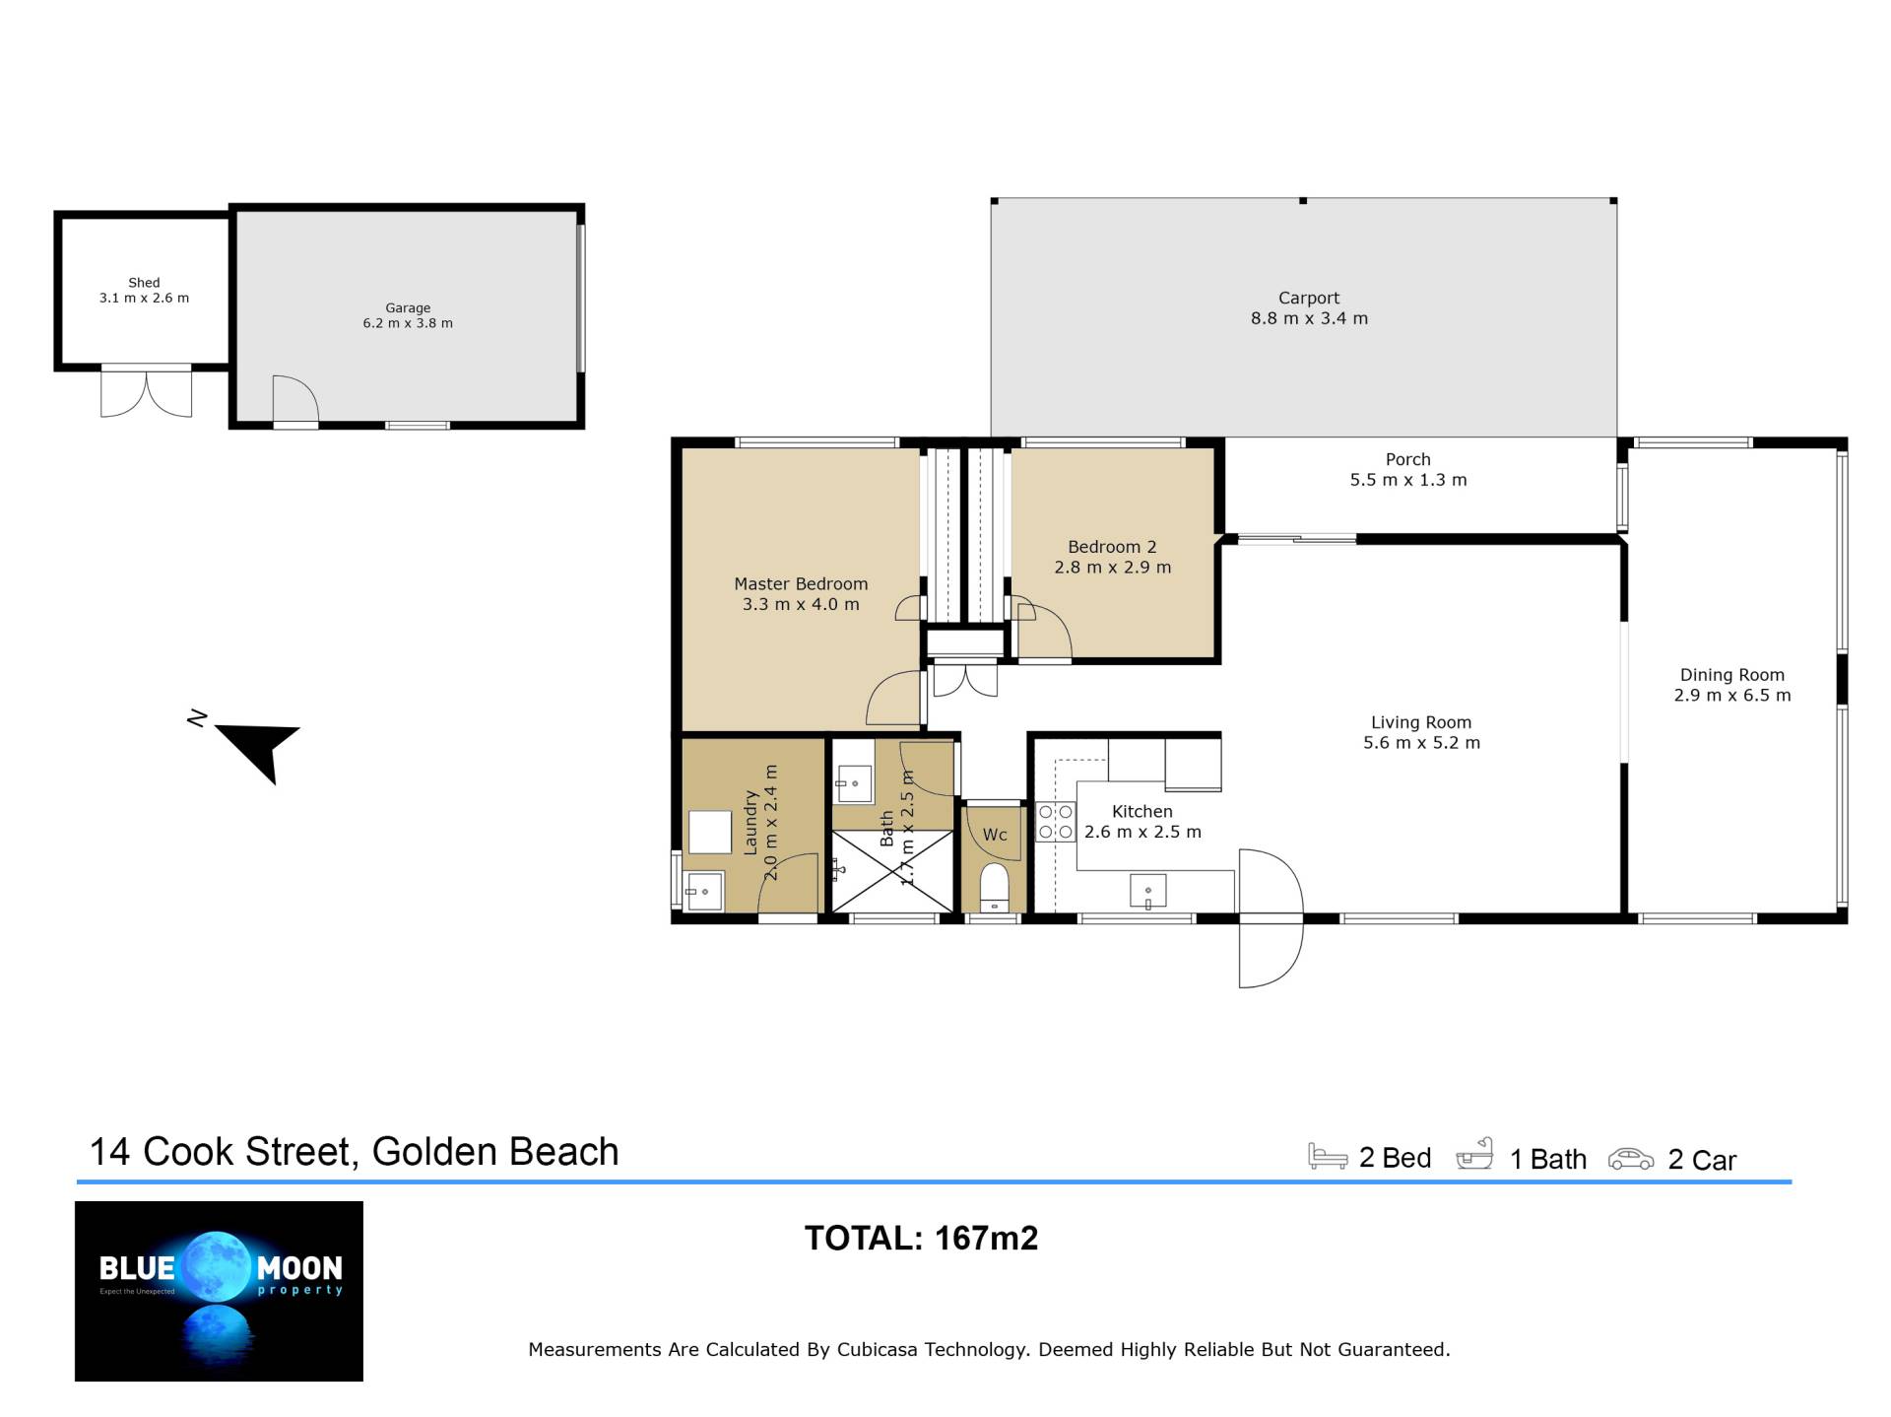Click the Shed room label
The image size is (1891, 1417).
tap(144, 283)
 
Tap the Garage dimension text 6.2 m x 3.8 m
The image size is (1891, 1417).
tap(408, 323)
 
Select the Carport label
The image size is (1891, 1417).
tap(1309, 298)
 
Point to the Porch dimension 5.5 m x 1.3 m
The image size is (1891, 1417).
tap(1408, 480)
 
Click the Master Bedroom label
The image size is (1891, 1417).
tap(801, 583)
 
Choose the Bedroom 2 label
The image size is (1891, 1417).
tap(1112, 547)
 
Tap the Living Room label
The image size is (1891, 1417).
tap(1421, 722)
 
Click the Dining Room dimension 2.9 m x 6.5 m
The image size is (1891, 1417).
tap(1732, 695)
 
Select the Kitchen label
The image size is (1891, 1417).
tap(1142, 811)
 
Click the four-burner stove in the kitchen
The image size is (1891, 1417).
tap(1056, 822)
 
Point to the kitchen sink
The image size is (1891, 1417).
tap(1147, 891)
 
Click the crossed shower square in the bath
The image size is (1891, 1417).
tap(892, 871)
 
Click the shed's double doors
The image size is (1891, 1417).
tap(146, 392)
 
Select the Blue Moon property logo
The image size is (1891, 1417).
tap(219, 1291)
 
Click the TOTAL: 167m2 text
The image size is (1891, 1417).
tap(921, 1238)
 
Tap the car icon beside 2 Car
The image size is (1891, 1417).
tap(1631, 1159)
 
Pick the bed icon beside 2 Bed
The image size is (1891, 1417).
tap(1328, 1156)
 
